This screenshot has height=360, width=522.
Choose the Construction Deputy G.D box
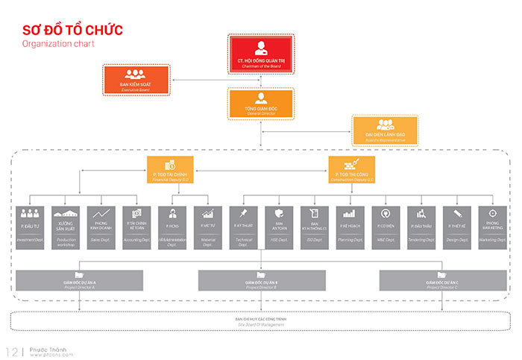click(x=352, y=171)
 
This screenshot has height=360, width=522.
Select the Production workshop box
click(x=67, y=224)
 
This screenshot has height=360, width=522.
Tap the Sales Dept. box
click(x=100, y=224)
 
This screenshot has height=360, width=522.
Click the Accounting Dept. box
click(x=136, y=224)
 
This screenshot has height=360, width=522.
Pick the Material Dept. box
click(x=207, y=224)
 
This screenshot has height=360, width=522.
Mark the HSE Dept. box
click(x=278, y=224)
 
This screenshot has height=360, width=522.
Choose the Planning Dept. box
click(x=350, y=224)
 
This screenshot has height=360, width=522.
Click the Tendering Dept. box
click(x=421, y=224)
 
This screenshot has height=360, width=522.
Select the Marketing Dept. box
click(x=492, y=224)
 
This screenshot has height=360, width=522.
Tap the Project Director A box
click(x=79, y=280)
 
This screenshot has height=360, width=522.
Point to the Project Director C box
click(x=441, y=280)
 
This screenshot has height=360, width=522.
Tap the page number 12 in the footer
click(x=13, y=351)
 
